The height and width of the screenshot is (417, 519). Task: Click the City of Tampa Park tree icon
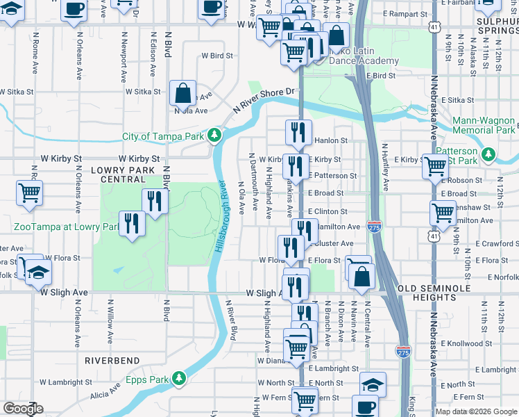tap(216, 134)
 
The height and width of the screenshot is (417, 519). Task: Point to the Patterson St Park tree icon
tap(490, 152)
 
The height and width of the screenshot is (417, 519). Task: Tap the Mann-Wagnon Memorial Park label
tap(484, 125)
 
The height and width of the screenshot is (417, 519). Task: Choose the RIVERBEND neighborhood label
tap(112, 361)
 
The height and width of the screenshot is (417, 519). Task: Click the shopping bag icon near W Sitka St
tap(182, 92)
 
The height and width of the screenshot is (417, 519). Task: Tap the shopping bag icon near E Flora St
tap(362, 277)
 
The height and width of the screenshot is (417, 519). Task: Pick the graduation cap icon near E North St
tap(373, 384)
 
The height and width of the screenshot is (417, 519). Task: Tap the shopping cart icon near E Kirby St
tap(435, 167)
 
